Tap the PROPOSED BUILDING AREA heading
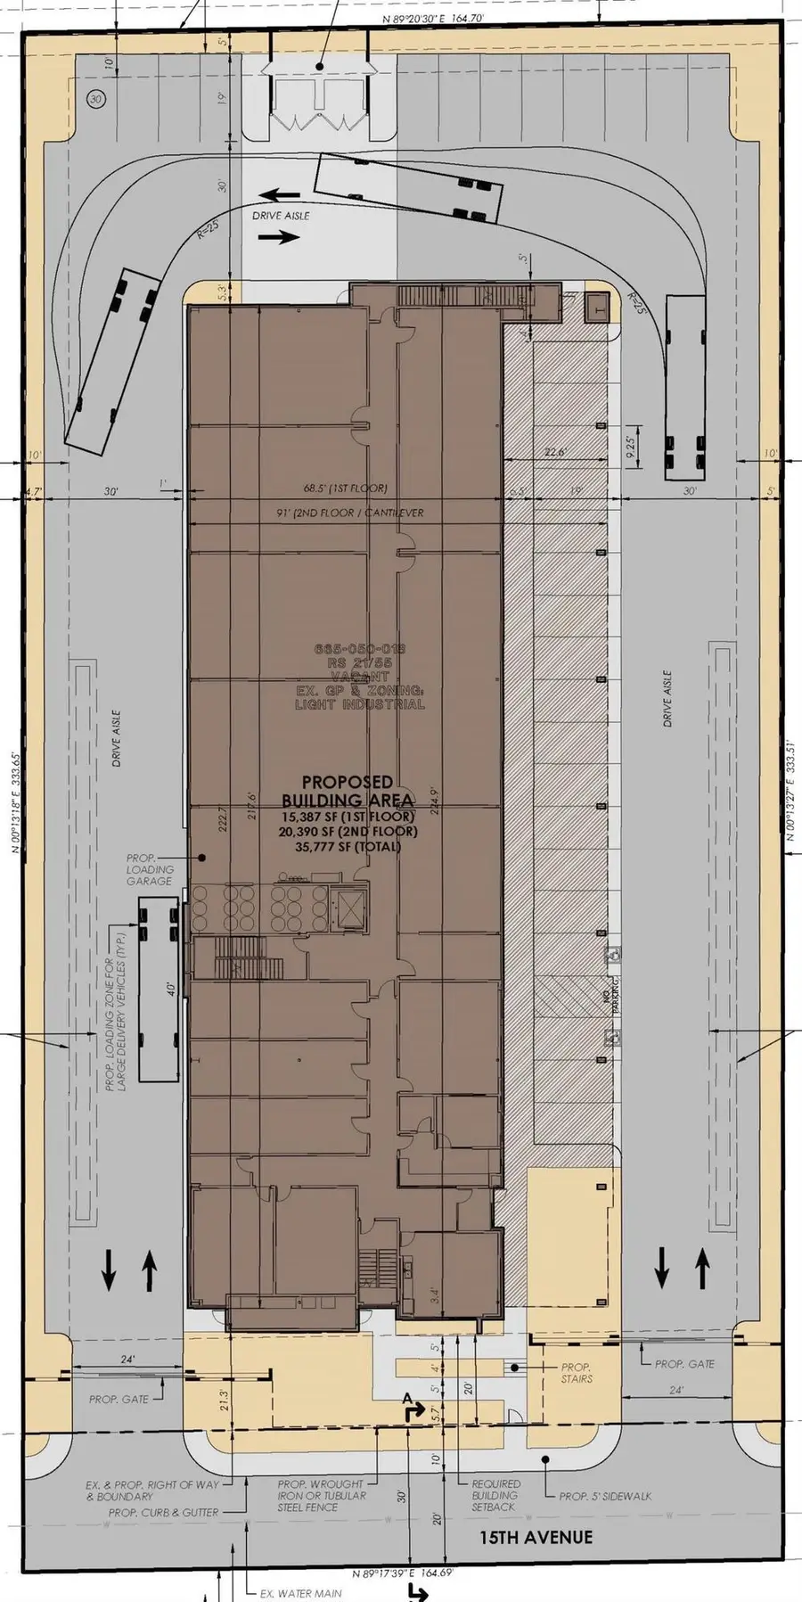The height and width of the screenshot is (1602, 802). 337,791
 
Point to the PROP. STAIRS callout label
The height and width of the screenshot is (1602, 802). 577,1373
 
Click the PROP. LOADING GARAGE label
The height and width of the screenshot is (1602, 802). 149,869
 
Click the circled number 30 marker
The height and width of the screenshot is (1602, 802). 97,100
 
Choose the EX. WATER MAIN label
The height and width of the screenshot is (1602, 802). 300,1593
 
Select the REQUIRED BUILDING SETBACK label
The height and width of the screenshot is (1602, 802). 495,1495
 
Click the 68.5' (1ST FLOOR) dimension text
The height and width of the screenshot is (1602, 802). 345,489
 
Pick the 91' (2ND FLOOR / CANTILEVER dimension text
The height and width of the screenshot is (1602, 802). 351,513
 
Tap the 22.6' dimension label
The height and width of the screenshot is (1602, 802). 554,452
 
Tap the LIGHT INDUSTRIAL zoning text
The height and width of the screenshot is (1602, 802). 360,704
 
